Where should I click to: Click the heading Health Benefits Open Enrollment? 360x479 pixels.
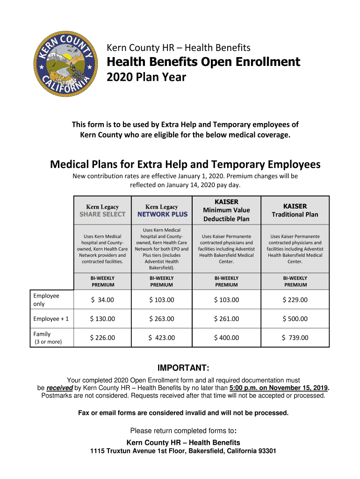[203, 62]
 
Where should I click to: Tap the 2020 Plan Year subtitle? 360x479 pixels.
[146, 77]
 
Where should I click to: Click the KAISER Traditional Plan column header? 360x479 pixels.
[295, 210]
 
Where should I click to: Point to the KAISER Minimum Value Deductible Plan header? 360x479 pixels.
[226, 210]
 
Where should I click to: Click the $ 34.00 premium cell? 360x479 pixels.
[103, 300]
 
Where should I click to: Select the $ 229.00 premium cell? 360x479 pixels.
[295, 300]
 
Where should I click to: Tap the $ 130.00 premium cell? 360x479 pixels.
[102, 319]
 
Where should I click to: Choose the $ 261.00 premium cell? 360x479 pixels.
[226, 319]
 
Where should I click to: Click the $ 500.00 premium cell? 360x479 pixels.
[295, 319]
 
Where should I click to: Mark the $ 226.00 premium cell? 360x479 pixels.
[102, 338]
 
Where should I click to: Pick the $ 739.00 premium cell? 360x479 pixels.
[295, 338]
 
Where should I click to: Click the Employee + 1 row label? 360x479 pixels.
[51, 319]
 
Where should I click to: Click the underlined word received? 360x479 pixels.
[60, 388]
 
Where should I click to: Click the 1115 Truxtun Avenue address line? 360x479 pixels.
[183, 451]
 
